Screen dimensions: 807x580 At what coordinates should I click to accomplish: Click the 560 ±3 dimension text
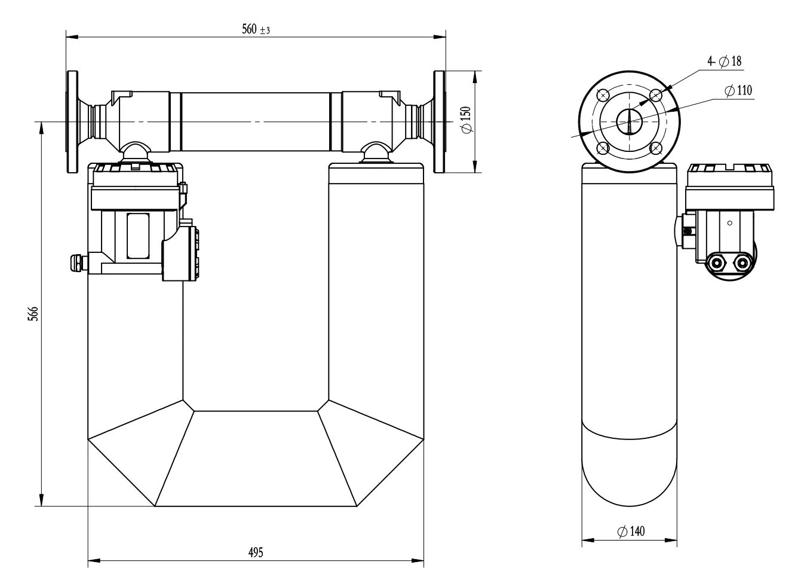(256, 29)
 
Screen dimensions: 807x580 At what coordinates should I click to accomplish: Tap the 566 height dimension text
(33, 314)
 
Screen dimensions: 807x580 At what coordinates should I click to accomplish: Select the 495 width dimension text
(256, 552)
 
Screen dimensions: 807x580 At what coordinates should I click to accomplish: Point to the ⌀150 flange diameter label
(466, 120)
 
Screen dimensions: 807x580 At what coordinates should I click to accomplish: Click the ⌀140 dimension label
(631, 532)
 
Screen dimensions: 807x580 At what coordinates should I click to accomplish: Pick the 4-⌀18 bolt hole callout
(725, 62)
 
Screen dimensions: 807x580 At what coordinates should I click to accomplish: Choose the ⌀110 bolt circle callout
(738, 90)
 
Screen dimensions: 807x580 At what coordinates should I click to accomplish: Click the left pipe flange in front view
(72, 122)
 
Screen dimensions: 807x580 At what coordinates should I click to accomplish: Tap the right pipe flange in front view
(440, 122)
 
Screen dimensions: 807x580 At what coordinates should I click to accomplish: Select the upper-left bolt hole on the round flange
(603, 96)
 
